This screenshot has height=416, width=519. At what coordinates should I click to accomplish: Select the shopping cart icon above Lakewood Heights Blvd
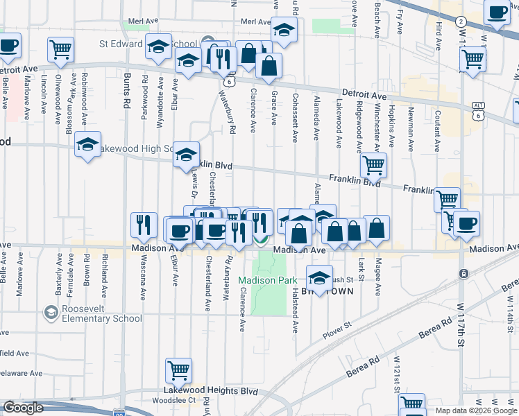(178, 370)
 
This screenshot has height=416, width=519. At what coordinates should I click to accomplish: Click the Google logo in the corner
(23, 408)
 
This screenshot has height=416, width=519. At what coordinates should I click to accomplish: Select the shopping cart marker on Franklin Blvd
(373, 165)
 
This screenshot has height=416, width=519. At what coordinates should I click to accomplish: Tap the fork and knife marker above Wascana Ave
(143, 224)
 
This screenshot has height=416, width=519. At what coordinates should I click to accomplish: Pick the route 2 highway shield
(461, 21)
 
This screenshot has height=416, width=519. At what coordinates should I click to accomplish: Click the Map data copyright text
(476, 410)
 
